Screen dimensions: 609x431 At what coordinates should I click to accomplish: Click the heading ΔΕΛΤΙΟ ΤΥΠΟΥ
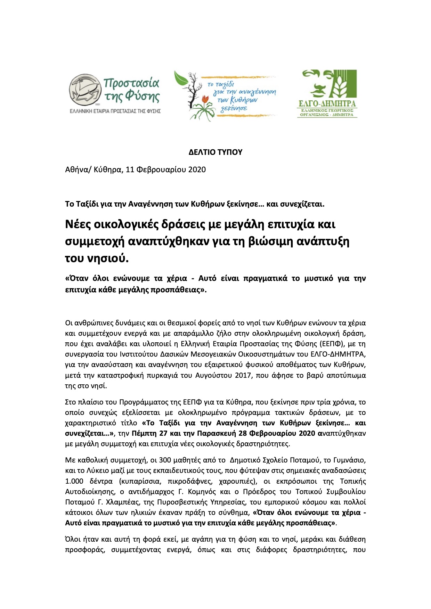215,152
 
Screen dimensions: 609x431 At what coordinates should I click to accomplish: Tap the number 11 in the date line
130,170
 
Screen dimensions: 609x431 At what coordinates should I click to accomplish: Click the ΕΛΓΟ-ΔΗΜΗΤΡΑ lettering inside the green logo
327,104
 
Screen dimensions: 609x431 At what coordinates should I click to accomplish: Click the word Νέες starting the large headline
78,224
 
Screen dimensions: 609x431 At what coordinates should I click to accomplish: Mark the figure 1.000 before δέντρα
74,482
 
